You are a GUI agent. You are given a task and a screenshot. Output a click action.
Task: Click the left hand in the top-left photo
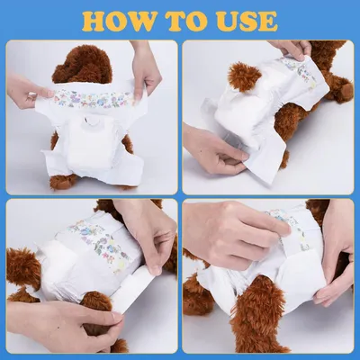(26, 90)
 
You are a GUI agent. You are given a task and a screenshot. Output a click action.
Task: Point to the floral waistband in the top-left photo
(90, 97)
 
